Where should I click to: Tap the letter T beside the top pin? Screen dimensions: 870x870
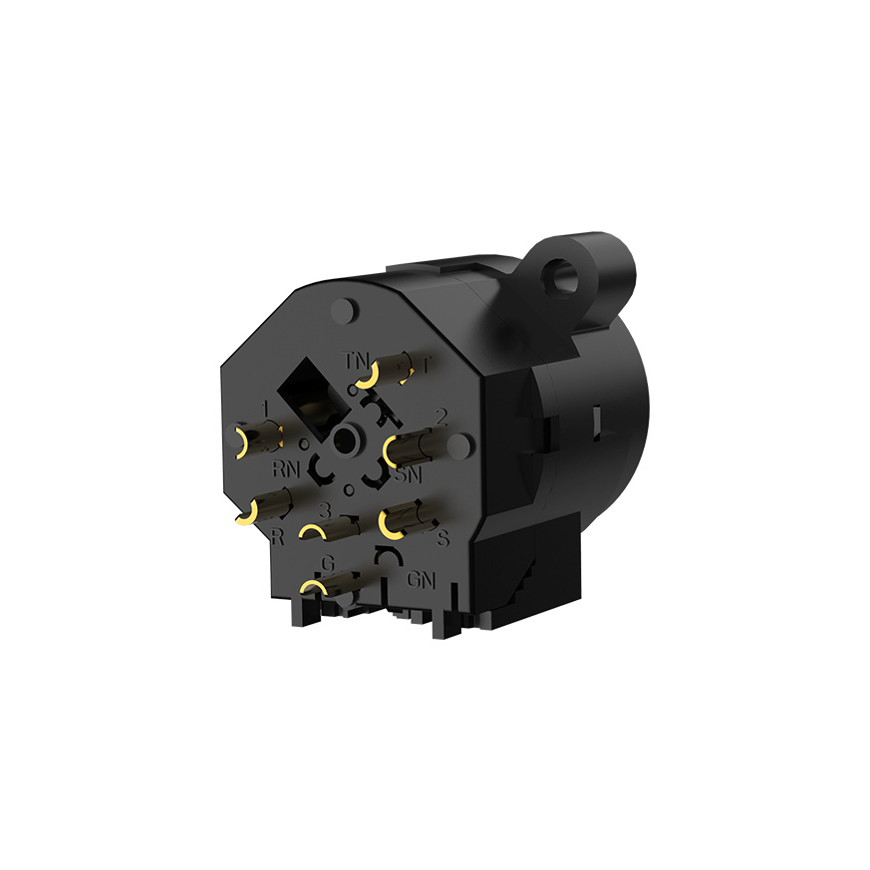point(426,365)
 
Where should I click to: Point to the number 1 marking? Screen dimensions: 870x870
point(265,408)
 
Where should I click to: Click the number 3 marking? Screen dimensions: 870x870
point(324,509)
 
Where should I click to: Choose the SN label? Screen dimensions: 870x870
point(408,476)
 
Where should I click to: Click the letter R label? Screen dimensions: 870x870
point(278,539)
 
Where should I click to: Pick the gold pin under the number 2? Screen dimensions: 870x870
point(413,448)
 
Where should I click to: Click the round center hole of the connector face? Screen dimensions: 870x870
point(348,438)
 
